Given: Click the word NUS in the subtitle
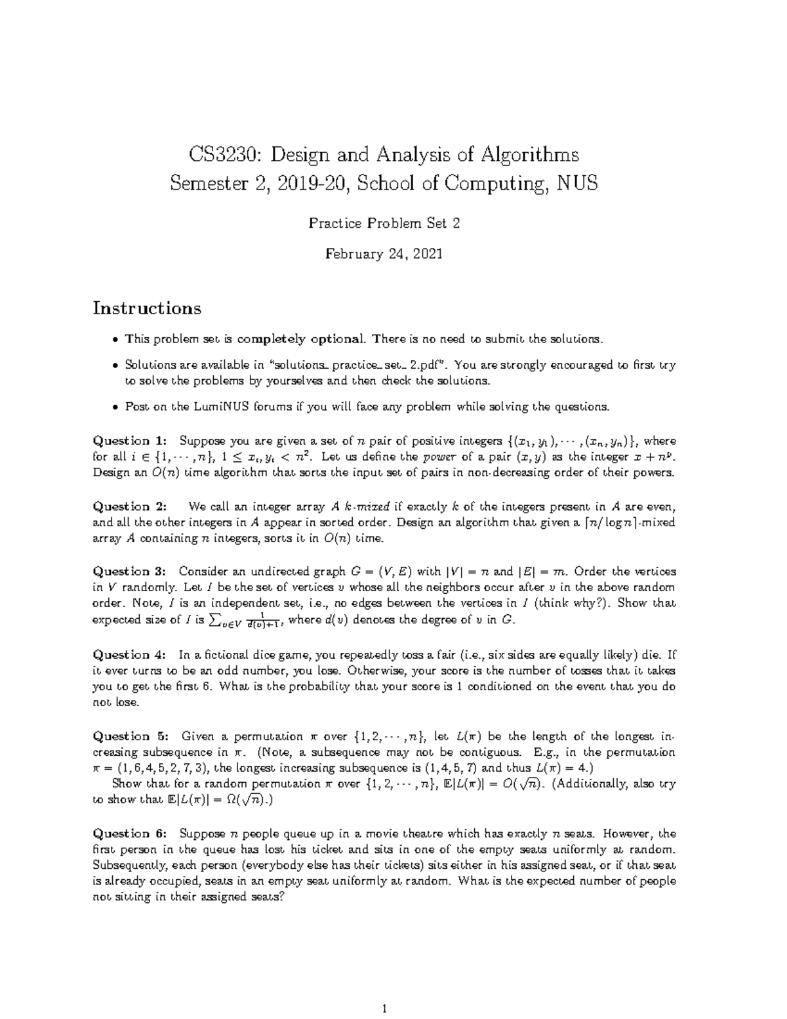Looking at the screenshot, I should click(x=576, y=183).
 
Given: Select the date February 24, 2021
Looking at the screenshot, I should click(x=384, y=255).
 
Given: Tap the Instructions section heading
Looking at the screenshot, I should click(x=147, y=308).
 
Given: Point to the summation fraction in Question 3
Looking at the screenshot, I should click(x=245, y=620).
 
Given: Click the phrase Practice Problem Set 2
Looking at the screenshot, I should click(x=384, y=224).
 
